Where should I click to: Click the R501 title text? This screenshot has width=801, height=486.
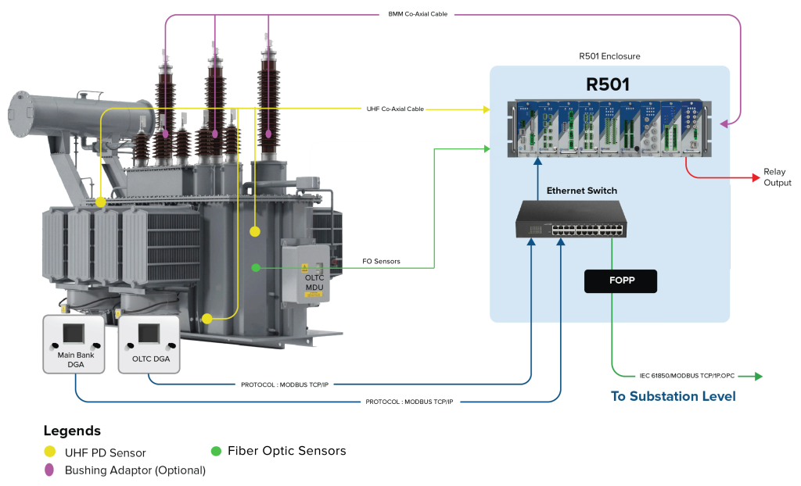pyautogui.click(x=608, y=84)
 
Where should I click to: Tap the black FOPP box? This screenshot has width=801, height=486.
pyautogui.click(x=620, y=281)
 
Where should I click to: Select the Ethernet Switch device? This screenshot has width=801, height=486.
pyautogui.click(x=569, y=219)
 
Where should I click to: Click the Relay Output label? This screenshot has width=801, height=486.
pyautogui.click(x=777, y=177)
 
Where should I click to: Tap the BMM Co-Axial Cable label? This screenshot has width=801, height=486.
pyautogui.click(x=418, y=14)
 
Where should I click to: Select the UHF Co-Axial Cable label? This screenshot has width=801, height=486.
pyautogui.click(x=395, y=109)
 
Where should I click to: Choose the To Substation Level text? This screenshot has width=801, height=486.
pyautogui.click(x=673, y=396)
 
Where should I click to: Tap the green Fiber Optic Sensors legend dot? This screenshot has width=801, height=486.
pyautogui.click(x=216, y=451)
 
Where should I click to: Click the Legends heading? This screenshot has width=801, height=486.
pyautogui.click(x=72, y=431)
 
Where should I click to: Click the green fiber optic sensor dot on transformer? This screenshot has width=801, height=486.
pyautogui.click(x=255, y=268)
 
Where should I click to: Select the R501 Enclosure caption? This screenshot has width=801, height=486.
pyautogui.click(x=609, y=56)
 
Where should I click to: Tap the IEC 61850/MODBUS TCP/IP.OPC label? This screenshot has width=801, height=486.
pyautogui.click(x=684, y=377)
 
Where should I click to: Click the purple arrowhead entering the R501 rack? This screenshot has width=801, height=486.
pyautogui.click(x=724, y=123)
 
